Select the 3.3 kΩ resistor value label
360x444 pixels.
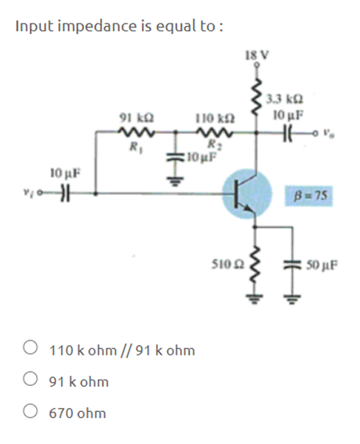click(281, 100)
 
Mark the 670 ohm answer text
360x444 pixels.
click(78, 413)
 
